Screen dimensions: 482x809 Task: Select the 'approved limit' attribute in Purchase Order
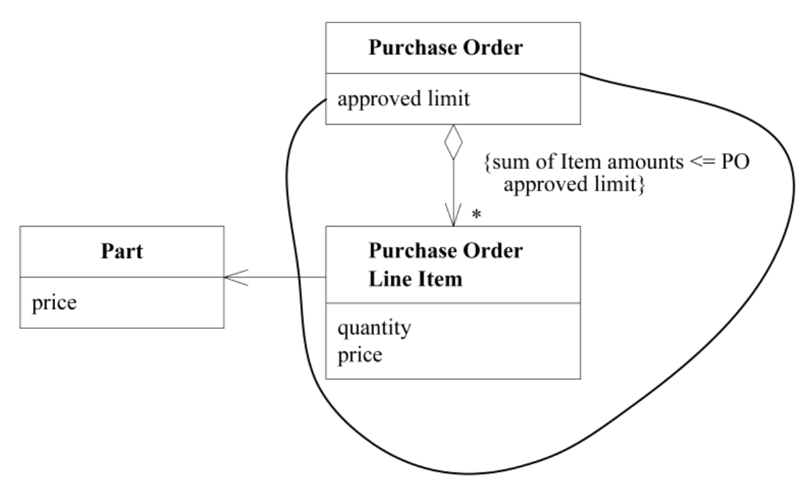point(404,100)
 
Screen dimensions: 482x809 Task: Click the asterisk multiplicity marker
point(477,216)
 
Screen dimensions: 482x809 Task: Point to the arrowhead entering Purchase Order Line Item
point(453,218)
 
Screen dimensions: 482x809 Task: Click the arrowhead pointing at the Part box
point(232,278)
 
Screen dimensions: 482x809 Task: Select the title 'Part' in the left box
point(121,253)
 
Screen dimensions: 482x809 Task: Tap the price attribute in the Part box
point(54,301)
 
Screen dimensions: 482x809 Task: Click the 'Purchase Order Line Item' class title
point(445,265)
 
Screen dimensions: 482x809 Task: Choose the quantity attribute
point(374,328)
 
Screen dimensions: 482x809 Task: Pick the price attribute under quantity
point(360,354)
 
